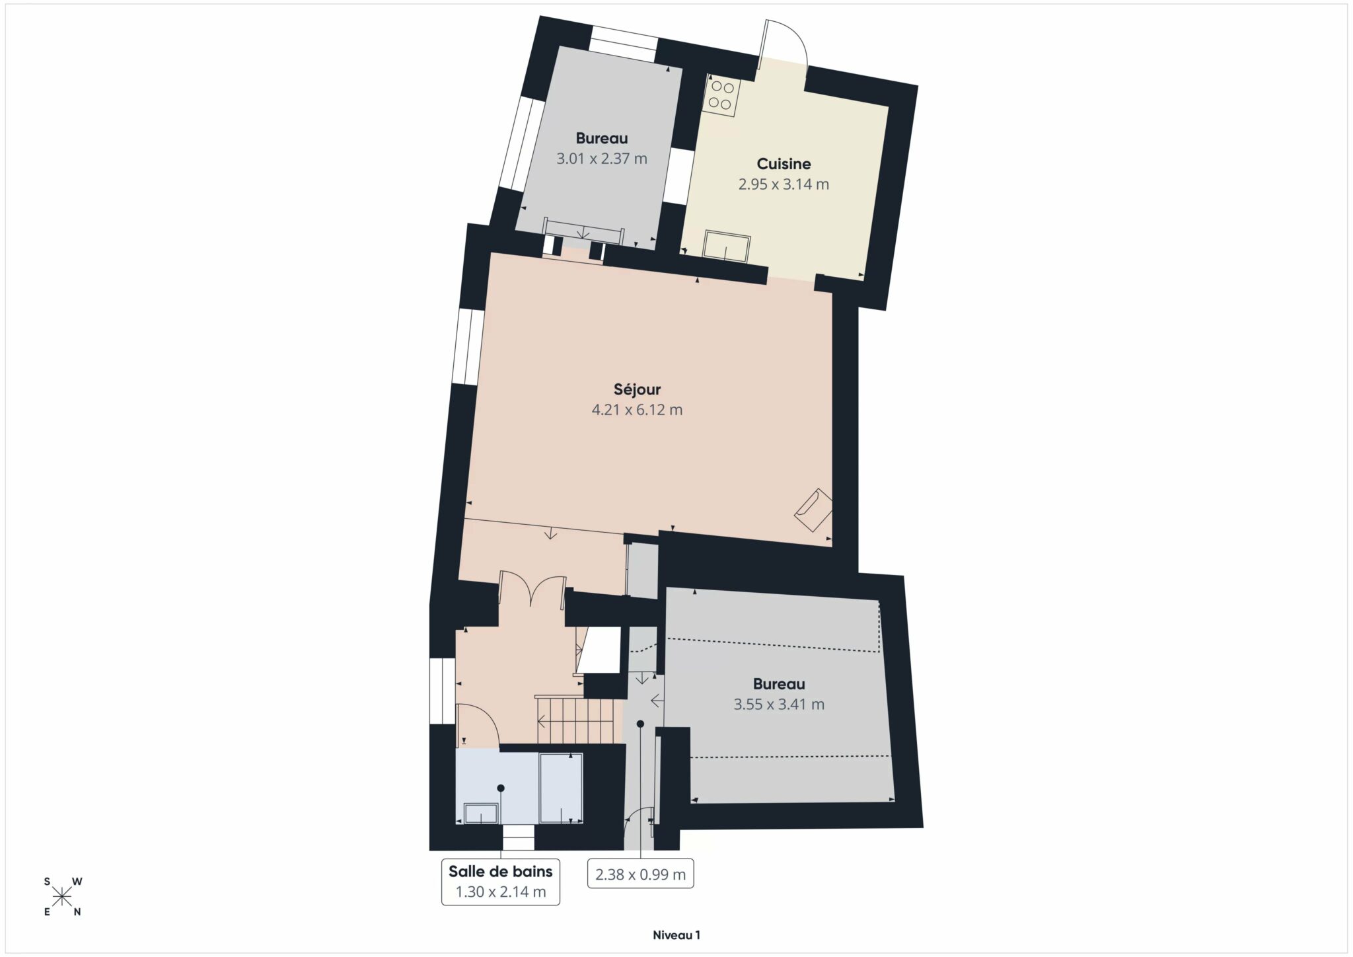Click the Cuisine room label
click(784, 164)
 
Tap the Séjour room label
click(637, 389)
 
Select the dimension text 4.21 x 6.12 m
click(637, 410)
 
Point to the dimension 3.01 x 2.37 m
click(602, 159)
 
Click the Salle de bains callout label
click(501, 872)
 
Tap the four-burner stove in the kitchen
click(720, 96)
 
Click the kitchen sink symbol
click(726, 246)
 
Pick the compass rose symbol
click(62, 897)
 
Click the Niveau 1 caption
click(676, 935)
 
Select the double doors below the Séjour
click(532, 589)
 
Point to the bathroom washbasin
click(481, 813)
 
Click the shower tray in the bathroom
click(561, 788)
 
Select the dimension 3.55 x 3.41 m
click(779, 705)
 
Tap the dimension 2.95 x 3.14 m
click(784, 184)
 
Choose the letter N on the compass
click(77, 912)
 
